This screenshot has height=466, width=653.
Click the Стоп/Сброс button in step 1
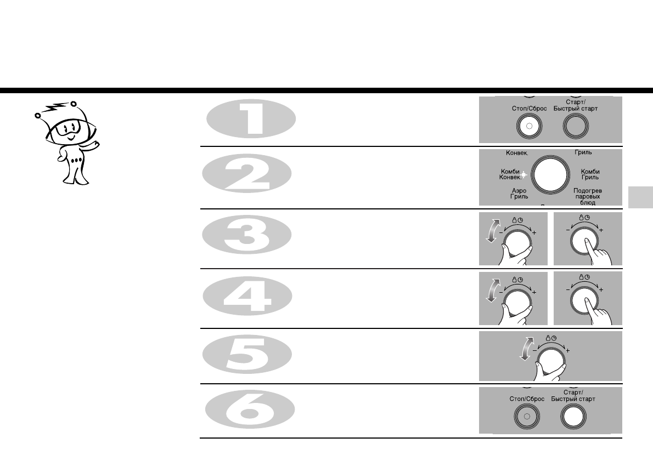click(x=530, y=127)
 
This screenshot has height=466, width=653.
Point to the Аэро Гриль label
click(x=519, y=193)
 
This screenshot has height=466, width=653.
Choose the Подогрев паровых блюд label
click(x=585, y=196)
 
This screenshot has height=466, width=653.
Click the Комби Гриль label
click(x=590, y=174)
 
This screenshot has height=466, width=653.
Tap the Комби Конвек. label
click(x=510, y=174)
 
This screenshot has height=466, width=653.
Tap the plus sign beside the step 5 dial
click(x=568, y=350)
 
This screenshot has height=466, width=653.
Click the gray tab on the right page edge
click(x=639, y=197)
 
